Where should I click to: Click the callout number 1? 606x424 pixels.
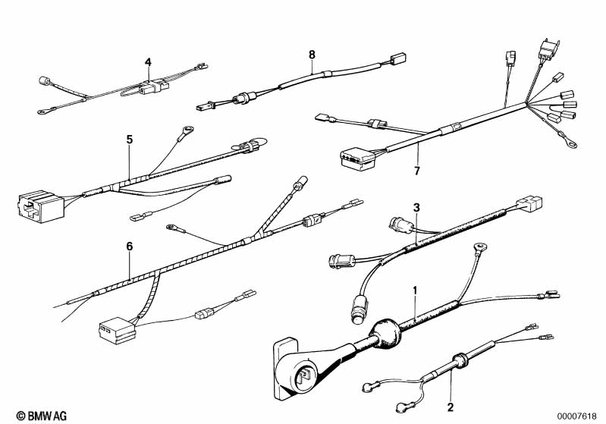pos(416,290)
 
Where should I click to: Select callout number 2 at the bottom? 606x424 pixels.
pos(451,407)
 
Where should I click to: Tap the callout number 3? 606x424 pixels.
pos(416,208)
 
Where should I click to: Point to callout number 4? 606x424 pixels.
pos(149,62)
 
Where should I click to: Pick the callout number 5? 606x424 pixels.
pos(130,139)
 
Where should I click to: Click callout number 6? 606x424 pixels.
pos(130,247)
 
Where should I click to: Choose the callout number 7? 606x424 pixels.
pos(416,171)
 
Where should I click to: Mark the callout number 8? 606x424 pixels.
pos(312,55)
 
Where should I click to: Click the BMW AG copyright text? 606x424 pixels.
pos(42,416)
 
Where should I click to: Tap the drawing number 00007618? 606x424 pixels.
pos(576,416)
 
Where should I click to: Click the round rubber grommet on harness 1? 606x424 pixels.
pos(385,334)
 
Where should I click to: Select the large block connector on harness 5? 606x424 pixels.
pos(42,206)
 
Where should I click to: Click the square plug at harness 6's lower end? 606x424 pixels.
pos(116,331)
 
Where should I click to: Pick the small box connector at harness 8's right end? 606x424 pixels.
pos(397,58)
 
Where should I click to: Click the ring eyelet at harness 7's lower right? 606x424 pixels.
pos(570,144)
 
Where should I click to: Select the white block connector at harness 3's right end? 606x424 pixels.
pos(529,204)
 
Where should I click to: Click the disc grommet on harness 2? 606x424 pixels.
pos(460,360)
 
